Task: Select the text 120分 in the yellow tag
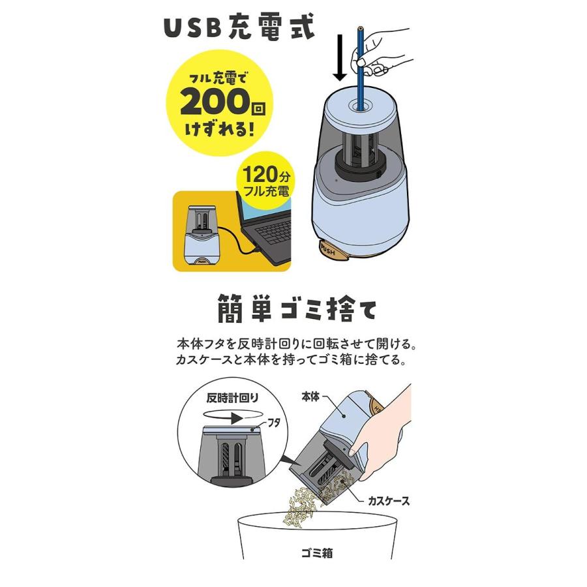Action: coord(266,174)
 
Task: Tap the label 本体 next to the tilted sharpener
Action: coord(312,395)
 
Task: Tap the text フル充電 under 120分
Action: coord(266,192)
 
